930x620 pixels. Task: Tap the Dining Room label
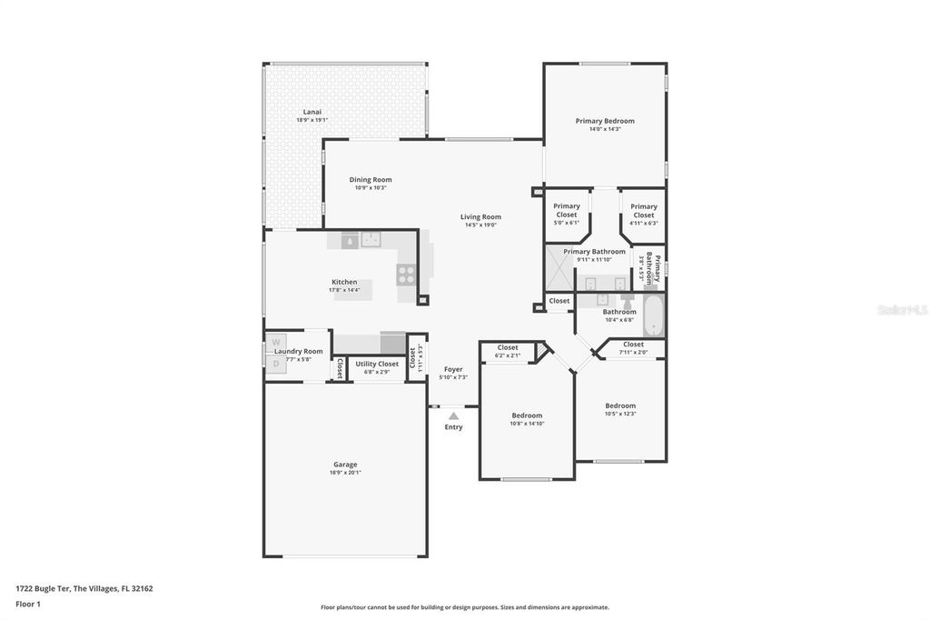[370, 179]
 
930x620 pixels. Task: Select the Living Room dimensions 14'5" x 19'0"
[480, 225]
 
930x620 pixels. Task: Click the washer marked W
[277, 343]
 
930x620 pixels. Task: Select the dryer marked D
[277, 363]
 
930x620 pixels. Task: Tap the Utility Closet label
[377, 364]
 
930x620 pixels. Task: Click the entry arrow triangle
[453, 415]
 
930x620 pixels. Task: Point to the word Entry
[453, 427]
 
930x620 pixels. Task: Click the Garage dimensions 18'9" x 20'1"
[344, 473]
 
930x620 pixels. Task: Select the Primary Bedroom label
[605, 121]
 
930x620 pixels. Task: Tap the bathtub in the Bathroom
[653, 315]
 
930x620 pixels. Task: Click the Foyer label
[453, 369]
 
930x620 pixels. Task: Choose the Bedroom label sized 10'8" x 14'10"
[527, 415]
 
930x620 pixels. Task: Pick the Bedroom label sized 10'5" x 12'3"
[620, 405]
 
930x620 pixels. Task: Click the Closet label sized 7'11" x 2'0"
[633, 345]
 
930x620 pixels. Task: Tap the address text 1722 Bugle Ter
[43, 588]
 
